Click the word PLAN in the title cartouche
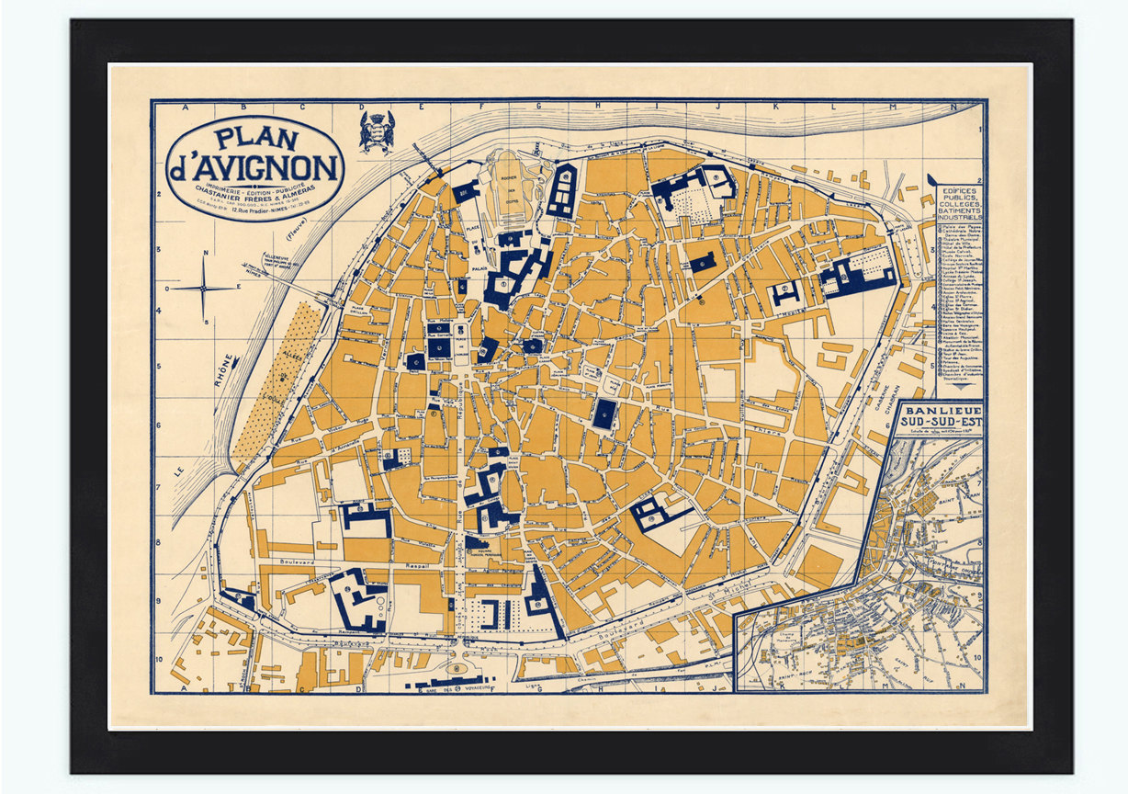click(256, 139)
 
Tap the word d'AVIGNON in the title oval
click(254, 168)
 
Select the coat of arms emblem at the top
click(376, 130)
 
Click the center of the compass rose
click(204, 288)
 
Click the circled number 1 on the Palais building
click(503, 284)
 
